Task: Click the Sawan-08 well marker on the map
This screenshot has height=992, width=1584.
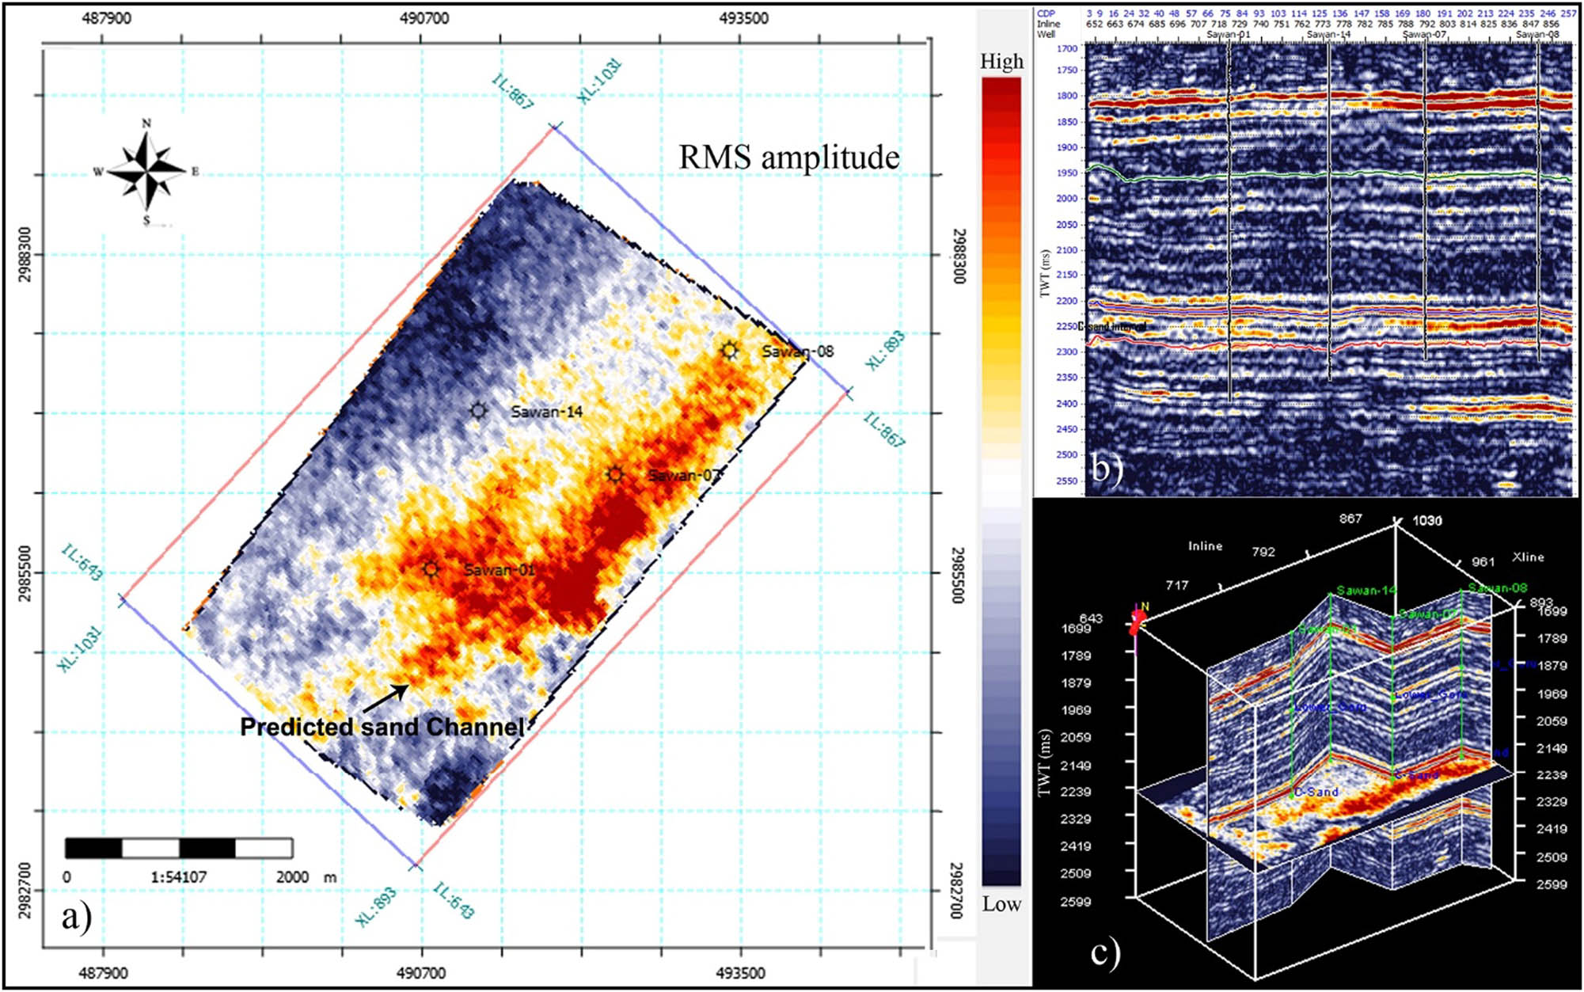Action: pos(729,350)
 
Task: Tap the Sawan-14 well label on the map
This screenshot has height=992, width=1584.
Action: pos(546,412)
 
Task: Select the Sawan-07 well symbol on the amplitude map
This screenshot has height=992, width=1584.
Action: pos(615,474)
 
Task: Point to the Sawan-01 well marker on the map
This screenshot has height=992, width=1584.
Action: pos(430,568)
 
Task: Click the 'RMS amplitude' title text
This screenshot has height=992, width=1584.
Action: pos(788,157)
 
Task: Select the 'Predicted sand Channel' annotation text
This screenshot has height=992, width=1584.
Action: pos(382,727)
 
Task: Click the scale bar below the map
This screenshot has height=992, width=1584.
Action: pos(179,848)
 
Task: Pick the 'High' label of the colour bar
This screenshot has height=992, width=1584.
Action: pos(1001,62)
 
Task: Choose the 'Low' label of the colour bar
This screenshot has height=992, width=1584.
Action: pos(1001,904)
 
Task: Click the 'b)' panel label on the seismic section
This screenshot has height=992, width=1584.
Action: pos(1107,469)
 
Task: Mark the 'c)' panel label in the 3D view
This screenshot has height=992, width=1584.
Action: pos(1105,952)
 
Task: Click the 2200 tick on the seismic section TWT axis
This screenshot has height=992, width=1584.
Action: pos(1066,301)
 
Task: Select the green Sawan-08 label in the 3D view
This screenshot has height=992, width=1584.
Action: pos(1497,587)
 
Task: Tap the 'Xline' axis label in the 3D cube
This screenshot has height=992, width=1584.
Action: pos(1527,557)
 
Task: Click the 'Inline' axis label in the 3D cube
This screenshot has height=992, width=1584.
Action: pos(1205,546)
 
